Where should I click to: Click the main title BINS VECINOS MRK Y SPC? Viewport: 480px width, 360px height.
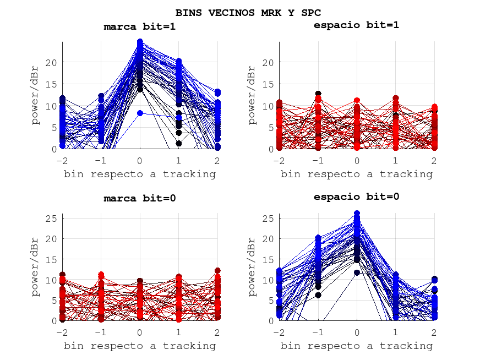pos(248,12)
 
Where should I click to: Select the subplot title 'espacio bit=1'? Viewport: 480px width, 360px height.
pos(356,25)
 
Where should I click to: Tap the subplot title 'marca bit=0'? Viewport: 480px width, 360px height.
pos(140,198)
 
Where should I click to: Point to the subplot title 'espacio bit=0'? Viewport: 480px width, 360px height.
pos(356,197)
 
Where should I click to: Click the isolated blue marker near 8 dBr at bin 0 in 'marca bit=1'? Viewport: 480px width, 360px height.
pos(140,113)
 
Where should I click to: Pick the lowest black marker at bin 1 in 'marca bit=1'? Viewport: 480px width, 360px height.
pos(179,144)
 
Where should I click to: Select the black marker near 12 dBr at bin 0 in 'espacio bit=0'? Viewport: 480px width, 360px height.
pos(357,272)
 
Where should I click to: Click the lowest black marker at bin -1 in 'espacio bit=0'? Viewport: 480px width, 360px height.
pos(318,295)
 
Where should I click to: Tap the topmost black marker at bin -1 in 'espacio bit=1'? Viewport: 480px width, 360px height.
pos(318,94)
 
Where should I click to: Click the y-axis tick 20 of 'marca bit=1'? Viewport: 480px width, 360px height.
pos(51,62)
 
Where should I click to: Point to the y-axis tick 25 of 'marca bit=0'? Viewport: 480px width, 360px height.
pos(51,218)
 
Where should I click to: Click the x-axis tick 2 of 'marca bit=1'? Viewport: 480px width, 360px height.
pos(218,161)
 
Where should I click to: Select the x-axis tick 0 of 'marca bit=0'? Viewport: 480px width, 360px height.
pos(140,332)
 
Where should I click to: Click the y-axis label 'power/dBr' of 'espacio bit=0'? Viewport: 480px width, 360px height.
pos(253,267)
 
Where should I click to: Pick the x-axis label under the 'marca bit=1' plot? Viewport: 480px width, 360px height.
pos(140,174)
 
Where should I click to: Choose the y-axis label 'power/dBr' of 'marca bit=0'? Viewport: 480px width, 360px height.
pos(36,267)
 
